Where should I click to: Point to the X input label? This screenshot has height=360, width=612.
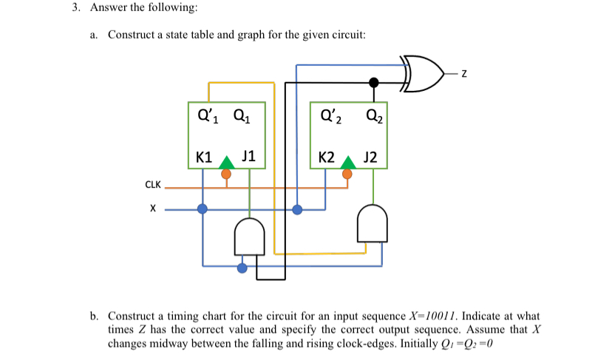[153, 209]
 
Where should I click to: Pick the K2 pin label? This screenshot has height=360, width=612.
[327, 157]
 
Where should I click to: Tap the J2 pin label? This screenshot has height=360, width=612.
[370, 157]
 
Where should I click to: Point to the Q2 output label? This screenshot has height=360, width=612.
[373, 115]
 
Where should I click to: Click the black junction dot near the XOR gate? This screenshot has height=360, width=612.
[375, 82]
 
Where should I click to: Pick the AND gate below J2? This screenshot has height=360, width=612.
[372, 223]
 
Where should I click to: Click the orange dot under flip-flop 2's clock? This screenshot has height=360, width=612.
[348, 174]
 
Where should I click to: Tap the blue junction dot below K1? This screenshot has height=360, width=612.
[203, 209]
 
